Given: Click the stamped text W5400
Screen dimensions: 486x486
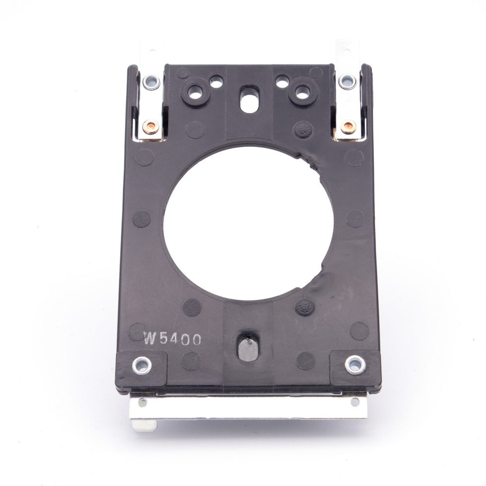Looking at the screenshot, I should click(173, 339).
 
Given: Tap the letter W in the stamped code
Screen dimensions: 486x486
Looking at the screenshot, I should click(150, 339).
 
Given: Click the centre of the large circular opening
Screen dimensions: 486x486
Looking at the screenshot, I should click(248, 223).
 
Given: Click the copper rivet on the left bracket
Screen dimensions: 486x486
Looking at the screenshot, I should click(151, 127).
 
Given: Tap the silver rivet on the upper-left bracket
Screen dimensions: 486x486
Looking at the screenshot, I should click(151, 81).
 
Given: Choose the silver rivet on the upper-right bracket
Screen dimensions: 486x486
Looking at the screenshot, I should click(347, 81).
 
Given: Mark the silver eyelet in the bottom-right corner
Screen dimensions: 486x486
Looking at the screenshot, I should click(355, 364).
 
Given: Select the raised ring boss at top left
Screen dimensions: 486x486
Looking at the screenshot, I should click(195, 92).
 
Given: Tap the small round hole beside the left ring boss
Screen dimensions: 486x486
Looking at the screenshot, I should click(216, 81).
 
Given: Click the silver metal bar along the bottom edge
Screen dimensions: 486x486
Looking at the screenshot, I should click(248, 408).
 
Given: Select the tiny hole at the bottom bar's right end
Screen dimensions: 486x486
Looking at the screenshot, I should click(355, 401).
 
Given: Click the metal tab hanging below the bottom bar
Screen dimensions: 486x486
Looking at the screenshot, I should click(144, 425).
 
